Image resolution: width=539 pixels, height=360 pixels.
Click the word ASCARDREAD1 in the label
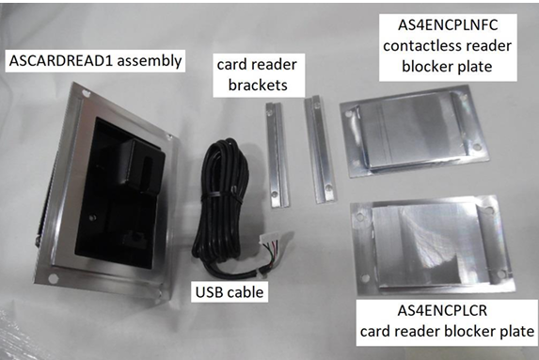coord(61,61)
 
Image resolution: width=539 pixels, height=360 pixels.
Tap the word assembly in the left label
coord(150,61)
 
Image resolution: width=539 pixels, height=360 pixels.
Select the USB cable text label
coord(230,292)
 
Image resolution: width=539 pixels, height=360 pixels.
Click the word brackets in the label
coord(258,85)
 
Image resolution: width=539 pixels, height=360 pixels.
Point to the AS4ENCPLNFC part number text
coord(448,24)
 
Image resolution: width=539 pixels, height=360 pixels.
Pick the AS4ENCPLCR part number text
coord(442,310)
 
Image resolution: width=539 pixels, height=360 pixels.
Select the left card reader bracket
coord(277,155)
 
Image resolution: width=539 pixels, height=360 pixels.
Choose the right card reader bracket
coord(320,149)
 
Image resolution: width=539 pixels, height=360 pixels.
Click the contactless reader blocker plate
coord(414,132)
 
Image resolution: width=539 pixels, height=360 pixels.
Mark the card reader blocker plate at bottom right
coord(432,245)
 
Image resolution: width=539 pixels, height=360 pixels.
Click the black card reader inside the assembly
coord(120,193)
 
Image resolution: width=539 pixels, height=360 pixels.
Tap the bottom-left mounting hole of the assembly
coord(53,278)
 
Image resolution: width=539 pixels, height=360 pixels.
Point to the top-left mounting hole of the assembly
coord(85,92)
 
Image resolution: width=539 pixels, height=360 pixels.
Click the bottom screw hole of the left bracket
coord(275,194)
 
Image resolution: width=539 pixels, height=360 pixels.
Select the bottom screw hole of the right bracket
coord(328,188)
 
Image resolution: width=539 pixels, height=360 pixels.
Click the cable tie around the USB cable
coord(217,196)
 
